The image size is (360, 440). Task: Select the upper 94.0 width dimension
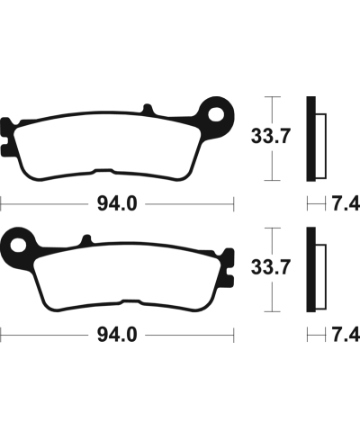coord(118,204)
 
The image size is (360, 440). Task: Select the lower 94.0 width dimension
coord(118,336)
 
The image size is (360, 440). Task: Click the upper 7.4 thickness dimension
coord(346,204)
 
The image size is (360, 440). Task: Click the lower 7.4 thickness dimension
coord(346,336)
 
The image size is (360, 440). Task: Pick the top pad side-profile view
coord(316,137)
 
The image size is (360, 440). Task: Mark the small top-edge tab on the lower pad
coord(86,239)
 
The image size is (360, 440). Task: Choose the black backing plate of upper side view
coord(310,137)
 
